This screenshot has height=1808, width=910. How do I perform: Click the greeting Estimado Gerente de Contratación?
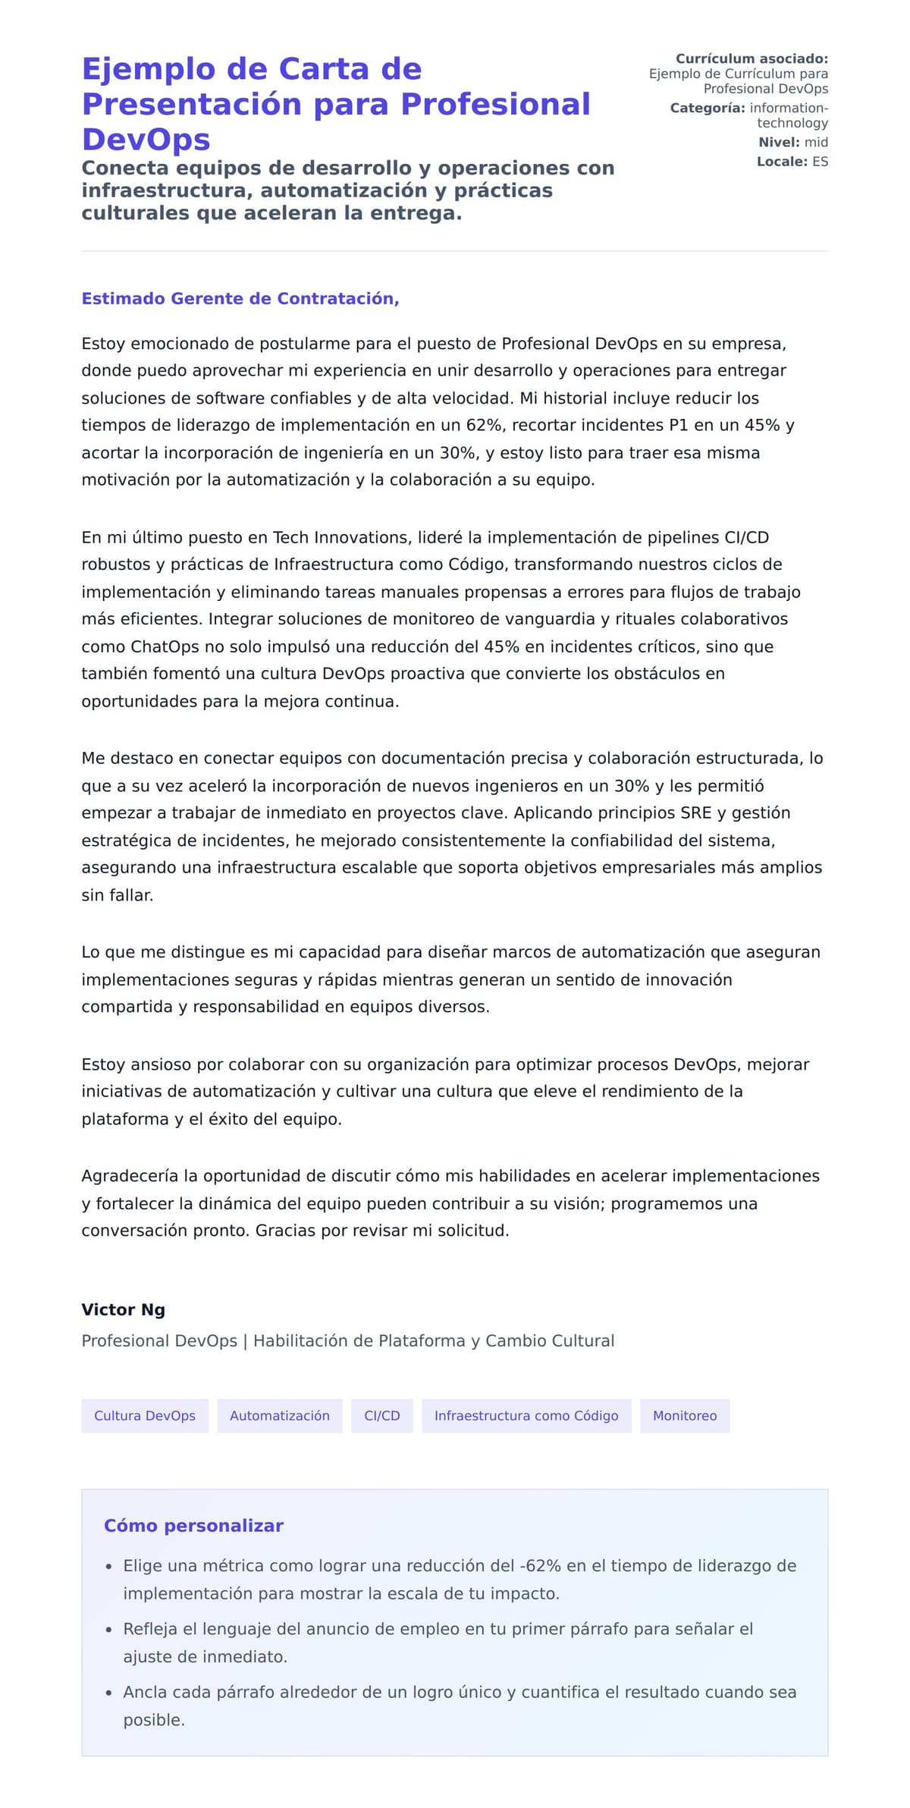pyautogui.click(x=240, y=298)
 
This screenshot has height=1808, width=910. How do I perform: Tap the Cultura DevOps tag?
pyautogui.click(x=145, y=1416)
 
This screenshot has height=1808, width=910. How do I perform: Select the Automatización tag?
pyautogui.click(x=279, y=1416)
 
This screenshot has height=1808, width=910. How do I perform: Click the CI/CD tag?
pyautogui.click(x=381, y=1416)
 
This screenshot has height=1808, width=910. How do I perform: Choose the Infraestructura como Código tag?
pyautogui.click(x=526, y=1416)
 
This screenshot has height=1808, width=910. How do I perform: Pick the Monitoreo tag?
pyautogui.click(x=684, y=1416)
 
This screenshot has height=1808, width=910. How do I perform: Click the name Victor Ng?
pyautogui.click(x=123, y=1310)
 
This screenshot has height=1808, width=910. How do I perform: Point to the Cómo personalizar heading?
pyautogui.click(x=193, y=1526)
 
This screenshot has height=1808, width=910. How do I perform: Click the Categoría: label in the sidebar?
pyautogui.click(x=708, y=108)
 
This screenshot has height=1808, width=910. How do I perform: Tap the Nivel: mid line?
pyautogui.click(x=792, y=142)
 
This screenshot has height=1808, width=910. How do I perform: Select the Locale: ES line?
pyautogui.click(x=792, y=162)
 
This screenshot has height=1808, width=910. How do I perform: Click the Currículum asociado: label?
pyautogui.click(x=752, y=58)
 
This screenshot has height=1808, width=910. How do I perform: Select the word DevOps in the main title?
pyautogui.click(x=146, y=140)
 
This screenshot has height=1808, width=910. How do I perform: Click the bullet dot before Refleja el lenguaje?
pyautogui.click(x=108, y=1630)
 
